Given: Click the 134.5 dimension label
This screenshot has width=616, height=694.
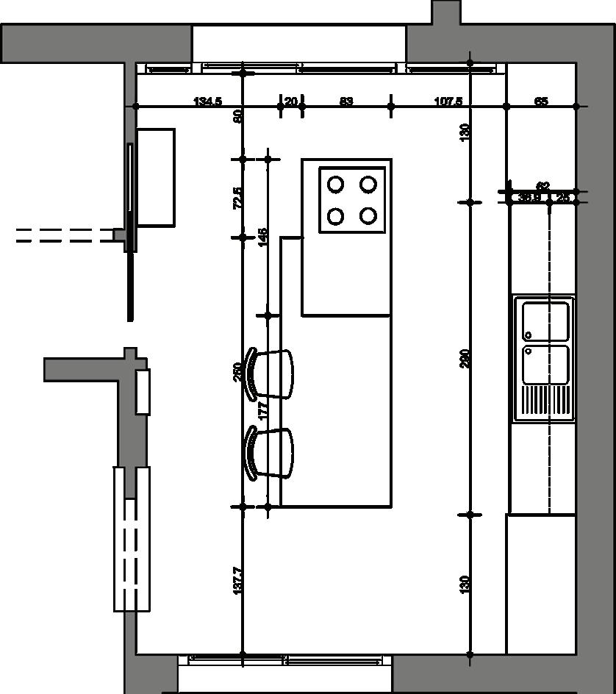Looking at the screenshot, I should point(207,101).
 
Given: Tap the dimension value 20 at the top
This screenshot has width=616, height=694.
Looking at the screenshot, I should point(291,101).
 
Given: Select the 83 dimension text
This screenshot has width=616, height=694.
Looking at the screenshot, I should point(346,101).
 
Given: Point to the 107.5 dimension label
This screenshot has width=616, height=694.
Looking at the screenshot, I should point(448,101).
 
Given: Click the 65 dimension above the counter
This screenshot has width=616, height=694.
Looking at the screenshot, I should point(541,101).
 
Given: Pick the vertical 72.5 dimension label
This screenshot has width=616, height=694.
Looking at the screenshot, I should point(237,198).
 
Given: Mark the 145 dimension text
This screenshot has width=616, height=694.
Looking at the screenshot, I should point(263,237).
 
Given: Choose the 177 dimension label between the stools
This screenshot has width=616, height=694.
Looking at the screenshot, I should point(263,411).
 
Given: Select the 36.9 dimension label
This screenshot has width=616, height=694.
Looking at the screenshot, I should point(529,197).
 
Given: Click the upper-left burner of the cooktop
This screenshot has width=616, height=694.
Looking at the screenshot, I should point(336,185).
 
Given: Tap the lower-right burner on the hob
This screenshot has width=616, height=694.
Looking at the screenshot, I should point(368,216).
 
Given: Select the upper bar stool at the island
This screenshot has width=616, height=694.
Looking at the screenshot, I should point(272,373).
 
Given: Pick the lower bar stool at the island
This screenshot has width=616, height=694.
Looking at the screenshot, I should point(272,453).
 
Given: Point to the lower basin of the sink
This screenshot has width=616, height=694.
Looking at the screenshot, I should point(546,365).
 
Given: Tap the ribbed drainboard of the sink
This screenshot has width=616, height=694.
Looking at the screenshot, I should point(545,401).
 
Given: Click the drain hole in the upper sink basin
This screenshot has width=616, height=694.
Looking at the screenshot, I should point(529,336).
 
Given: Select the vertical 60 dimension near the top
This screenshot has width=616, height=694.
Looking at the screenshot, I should point(237,115).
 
